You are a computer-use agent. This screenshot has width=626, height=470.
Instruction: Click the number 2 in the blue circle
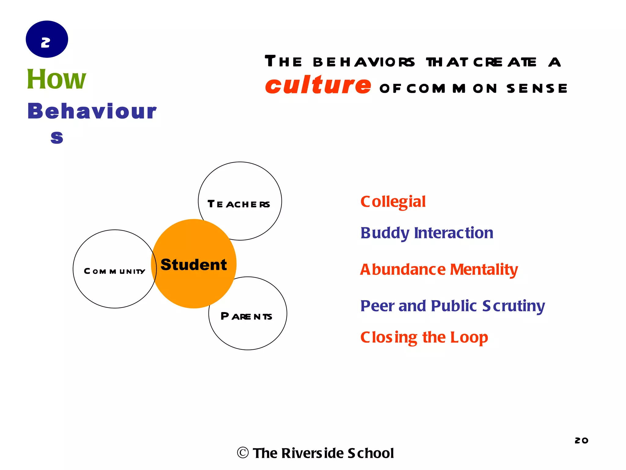46,42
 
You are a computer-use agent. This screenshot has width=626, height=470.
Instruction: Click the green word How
57,79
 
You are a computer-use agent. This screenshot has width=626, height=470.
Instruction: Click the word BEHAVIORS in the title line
364,62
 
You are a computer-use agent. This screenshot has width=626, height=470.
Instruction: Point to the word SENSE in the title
537,89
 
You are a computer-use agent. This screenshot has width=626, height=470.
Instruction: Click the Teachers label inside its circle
239,204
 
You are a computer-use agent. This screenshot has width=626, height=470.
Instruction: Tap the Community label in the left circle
115,271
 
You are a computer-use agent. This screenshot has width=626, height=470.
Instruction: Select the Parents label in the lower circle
246,316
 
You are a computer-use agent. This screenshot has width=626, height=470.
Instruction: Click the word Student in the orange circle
193,265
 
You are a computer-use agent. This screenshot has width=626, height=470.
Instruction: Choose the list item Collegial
393,202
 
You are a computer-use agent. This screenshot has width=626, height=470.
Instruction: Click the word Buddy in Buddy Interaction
385,233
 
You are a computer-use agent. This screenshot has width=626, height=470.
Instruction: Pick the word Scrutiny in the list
514,306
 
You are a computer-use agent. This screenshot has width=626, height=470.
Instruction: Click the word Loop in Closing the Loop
469,338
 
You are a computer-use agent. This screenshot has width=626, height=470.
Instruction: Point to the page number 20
581,440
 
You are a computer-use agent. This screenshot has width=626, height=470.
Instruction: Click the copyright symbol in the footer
243,453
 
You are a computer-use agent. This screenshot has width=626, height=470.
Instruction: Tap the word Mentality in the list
484,270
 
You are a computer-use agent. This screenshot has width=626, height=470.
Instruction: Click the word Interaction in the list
454,233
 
